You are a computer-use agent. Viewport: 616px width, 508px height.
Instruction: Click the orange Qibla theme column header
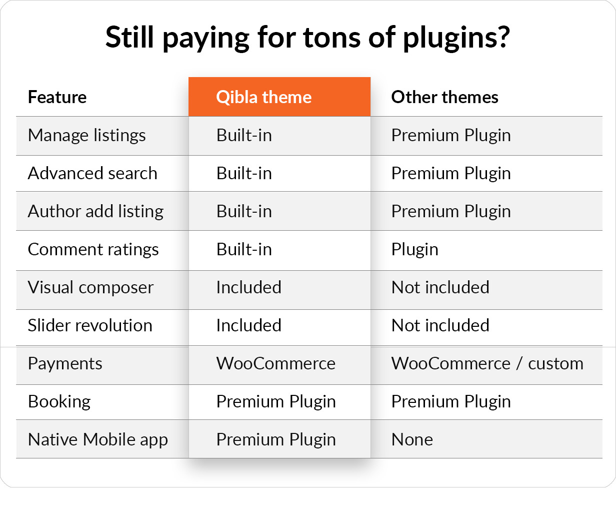click(x=279, y=97)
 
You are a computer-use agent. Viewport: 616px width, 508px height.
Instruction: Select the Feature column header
click(x=57, y=97)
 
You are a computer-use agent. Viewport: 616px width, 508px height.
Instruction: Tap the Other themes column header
click(x=444, y=97)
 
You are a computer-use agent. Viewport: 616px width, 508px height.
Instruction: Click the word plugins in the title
click(x=456, y=38)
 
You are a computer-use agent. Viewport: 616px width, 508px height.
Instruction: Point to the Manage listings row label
click(x=86, y=136)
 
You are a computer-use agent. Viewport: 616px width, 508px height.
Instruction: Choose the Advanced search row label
click(x=92, y=173)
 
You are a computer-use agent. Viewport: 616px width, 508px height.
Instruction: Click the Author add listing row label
click(x=96, y=212)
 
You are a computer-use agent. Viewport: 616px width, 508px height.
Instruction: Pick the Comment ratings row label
click(x=93, y=250)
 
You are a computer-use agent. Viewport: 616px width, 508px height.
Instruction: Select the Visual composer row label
click(x=91, y=287)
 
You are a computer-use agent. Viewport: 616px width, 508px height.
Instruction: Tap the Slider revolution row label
click(x=90, y=325)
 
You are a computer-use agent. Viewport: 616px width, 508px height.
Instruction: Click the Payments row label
click(x=65, y=363)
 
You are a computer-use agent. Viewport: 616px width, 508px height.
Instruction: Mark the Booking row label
click(x=59, y=402)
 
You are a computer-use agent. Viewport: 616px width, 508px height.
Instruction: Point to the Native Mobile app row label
click(x=98, y=440)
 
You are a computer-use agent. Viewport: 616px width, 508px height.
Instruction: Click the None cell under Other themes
click(x=412, y=439)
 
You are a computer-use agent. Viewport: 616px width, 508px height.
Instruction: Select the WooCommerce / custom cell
click(x=487, y=363)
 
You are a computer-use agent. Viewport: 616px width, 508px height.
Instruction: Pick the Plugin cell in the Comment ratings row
click(x=415, y=250)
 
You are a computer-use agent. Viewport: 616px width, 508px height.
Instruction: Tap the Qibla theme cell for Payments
click(x=276, y=363)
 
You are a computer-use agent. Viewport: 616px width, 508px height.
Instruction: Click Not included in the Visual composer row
click(x=440, y=287)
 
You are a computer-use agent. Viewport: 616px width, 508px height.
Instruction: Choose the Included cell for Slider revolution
click(x=248, y=325)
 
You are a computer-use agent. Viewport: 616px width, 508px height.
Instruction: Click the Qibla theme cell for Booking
click(x=276, y=402)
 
